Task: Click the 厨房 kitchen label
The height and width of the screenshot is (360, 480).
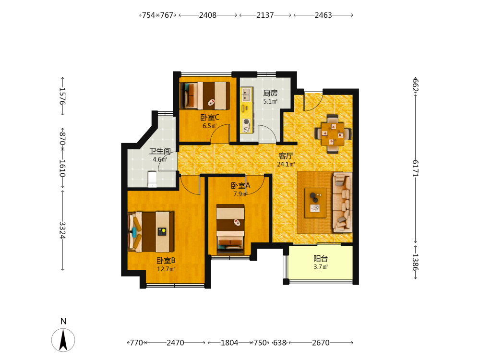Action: click(270, 93)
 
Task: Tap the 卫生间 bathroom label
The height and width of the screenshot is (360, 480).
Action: click(160, 151)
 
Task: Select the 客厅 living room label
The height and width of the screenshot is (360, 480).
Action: click(286, 156)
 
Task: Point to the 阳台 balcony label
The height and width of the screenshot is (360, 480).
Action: click(321, 259)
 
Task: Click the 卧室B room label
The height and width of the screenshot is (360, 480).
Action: click(166, 261)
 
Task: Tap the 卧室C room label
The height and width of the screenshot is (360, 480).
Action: click(210, 117)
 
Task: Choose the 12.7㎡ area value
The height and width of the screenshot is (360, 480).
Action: click(166, 269)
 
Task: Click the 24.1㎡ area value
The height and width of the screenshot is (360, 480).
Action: click(286, 164)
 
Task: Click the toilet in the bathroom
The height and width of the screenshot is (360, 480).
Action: click(152, 179)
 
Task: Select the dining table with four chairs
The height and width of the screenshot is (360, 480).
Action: click(333, 134)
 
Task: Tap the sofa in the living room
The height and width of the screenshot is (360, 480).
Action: click(342, 202)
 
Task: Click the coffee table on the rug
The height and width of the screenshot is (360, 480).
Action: click(315, 203)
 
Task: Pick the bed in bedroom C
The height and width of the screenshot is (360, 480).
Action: click(205, 96)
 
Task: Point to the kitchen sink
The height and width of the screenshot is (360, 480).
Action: click(246, 94)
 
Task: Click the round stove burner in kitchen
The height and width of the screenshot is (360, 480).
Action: click(246, 122)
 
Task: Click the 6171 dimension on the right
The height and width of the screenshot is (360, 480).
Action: click(415, 168)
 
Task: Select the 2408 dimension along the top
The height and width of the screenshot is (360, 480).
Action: click(207, 15)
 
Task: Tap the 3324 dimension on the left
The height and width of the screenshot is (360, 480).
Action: click(62, 230)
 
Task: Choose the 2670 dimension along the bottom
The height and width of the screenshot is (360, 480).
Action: click(321, 343)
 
